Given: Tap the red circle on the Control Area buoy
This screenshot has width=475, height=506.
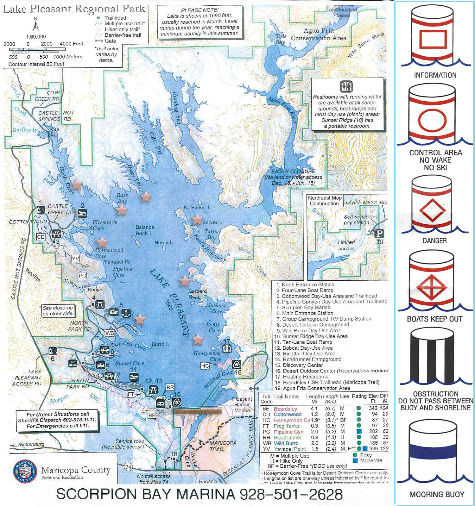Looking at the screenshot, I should pyautogui.click(x=432, y=121).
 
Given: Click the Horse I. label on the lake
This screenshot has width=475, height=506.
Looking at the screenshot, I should pyautogui.click(x=163, y=243).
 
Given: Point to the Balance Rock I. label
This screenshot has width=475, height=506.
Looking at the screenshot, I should pyautogui.click(x=145, y=230).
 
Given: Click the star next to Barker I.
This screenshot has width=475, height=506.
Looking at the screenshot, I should pyautogui.click(x=197, y=219).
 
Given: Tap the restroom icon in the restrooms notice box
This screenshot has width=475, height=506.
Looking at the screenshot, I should pyautogui.click(x=346, y=86).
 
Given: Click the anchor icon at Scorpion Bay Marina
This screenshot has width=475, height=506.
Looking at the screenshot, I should pyautogui.click(x=126, y=313).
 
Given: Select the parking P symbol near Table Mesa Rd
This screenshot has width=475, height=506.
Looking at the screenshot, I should pyautogui.click(x=379, y=234).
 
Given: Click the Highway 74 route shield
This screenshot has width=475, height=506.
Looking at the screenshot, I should pyautogui.click(x=128, y=467).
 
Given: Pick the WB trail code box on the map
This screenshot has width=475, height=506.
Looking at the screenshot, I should pyautogui.click(x=110, y=333).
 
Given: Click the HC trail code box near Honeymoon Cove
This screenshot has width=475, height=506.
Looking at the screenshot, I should pyautogui.click(x=205, y=366).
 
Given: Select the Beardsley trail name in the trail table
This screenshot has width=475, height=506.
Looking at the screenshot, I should pyautogui.click(x=285, y=409).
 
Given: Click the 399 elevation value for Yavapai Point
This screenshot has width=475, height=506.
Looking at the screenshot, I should pyautogui.click(x=373, y=449).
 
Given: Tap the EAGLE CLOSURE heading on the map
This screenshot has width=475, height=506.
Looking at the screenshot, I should pyautogui.click(x=293, y=171).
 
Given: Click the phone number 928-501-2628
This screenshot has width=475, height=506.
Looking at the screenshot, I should pyautogui.click(x=291, y=494).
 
